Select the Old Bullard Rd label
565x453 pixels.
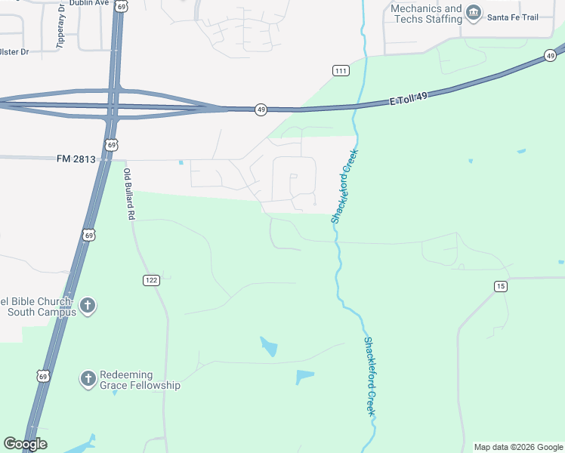[x=129, y=194]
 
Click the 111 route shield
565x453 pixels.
[x=341, y=70]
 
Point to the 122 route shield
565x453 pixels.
[x=151, y=280]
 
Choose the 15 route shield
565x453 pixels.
[x=500, y=285]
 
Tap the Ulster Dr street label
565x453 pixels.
[x=14, y=52]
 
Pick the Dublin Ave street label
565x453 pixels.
[x=89, y=3]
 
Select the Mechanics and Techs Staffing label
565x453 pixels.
[x=426, y=14]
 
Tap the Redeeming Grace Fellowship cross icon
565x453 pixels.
[x=88, y=378]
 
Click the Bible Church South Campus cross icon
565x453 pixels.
[x=88, y=305]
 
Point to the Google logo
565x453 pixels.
[x=25, y=444]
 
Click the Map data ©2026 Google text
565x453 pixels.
[x=518, y=447]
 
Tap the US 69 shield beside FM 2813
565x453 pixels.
[x=112, y=144]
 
